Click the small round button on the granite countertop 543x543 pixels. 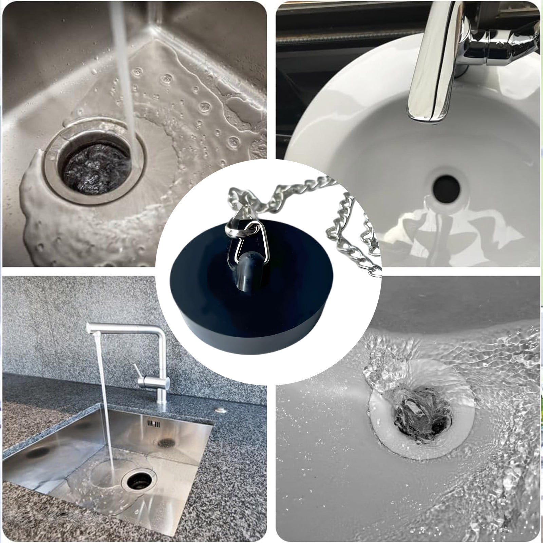tap(221, 409)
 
